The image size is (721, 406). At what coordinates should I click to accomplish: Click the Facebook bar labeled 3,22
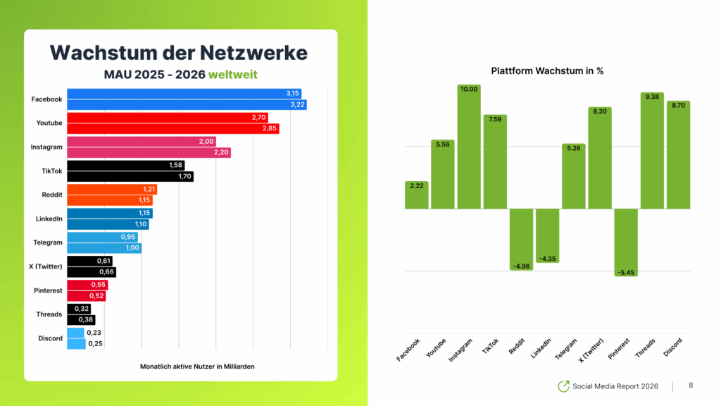[x=187, y=105]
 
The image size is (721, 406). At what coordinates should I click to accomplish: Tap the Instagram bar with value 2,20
[x=149, y=153]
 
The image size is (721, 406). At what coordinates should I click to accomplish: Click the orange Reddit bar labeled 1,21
[x=112, y=190]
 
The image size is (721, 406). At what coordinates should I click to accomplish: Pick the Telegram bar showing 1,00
[x=104, y=248]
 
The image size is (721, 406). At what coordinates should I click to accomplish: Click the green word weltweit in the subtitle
[x=232, y=74]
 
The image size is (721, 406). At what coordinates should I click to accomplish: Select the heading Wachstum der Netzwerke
[x=179, y=52]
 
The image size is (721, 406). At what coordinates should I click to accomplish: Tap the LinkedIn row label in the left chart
[x=49, y=219]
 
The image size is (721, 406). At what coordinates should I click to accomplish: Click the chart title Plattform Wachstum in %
[x=547, y=71]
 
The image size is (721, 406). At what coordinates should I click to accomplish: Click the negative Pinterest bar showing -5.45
[x=626, y=240]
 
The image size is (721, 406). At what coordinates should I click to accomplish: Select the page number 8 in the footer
[x=691, y=386]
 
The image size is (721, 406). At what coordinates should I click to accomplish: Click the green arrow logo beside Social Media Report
[x=563, y=386]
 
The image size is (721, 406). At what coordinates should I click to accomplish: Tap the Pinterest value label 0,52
[x=96, y=296]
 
